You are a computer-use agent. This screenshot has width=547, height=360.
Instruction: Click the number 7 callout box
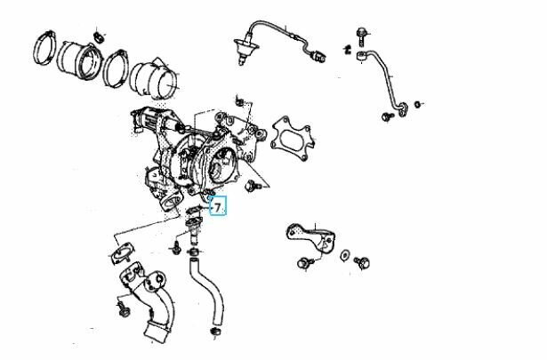[x=218, y=205]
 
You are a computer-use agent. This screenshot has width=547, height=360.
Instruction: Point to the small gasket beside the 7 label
[x=193, y=209]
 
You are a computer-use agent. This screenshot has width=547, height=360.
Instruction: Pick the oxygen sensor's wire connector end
[x=320, y=55]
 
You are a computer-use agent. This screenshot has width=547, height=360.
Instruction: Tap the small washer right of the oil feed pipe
[x=417, y=104]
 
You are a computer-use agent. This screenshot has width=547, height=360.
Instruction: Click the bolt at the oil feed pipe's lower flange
[x=387, y=116]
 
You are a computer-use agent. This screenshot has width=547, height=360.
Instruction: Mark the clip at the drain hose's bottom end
[x=216, y=332]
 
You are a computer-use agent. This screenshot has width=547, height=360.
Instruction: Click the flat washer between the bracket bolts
[x=344, y=255]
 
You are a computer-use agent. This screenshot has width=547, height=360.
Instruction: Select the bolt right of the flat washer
[x=362, y=263]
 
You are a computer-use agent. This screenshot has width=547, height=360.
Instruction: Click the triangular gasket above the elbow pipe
[x=122, y=252]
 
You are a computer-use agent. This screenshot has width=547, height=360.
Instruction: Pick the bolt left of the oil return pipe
[x=176, y=247]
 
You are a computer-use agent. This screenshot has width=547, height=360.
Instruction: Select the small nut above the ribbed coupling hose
[x=98, y=36]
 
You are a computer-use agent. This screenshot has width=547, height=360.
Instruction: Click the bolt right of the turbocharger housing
[x=251, y=186]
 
